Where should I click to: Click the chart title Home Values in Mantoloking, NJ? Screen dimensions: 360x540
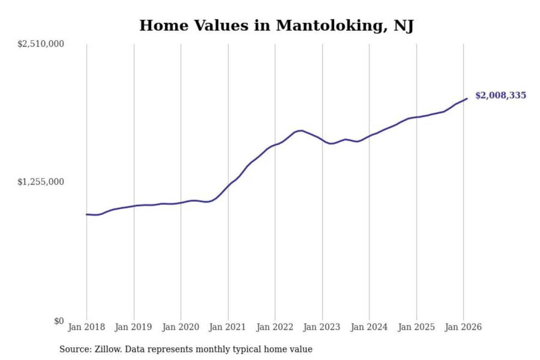[276, 25]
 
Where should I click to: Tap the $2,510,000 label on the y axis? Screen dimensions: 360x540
[40, 44]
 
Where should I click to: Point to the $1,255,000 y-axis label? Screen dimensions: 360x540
[40, 182]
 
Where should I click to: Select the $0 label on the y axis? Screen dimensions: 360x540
[59, 321]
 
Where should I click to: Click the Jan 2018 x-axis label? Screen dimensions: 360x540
[86, 327]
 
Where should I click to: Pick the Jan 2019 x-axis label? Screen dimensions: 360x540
[133, 327]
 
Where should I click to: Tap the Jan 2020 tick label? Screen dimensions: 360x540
[180, 327]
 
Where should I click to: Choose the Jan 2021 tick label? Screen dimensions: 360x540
[227, 327]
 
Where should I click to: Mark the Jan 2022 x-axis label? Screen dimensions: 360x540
[274, 327]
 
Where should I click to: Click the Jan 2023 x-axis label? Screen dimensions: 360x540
[321, 327]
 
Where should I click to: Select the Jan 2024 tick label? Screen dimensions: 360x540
[369, 327]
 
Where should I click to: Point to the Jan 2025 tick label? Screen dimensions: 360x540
[416, 327]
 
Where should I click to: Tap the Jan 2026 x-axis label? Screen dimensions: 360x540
[463, 327]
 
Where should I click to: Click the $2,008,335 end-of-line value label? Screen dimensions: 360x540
[501, 95]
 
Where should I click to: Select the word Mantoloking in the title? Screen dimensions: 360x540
[331, 25]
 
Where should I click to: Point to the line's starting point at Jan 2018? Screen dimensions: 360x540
[87, 214]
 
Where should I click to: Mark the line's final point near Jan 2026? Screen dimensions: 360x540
[467, 99]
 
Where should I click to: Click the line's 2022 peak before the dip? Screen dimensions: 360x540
[301, 130]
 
